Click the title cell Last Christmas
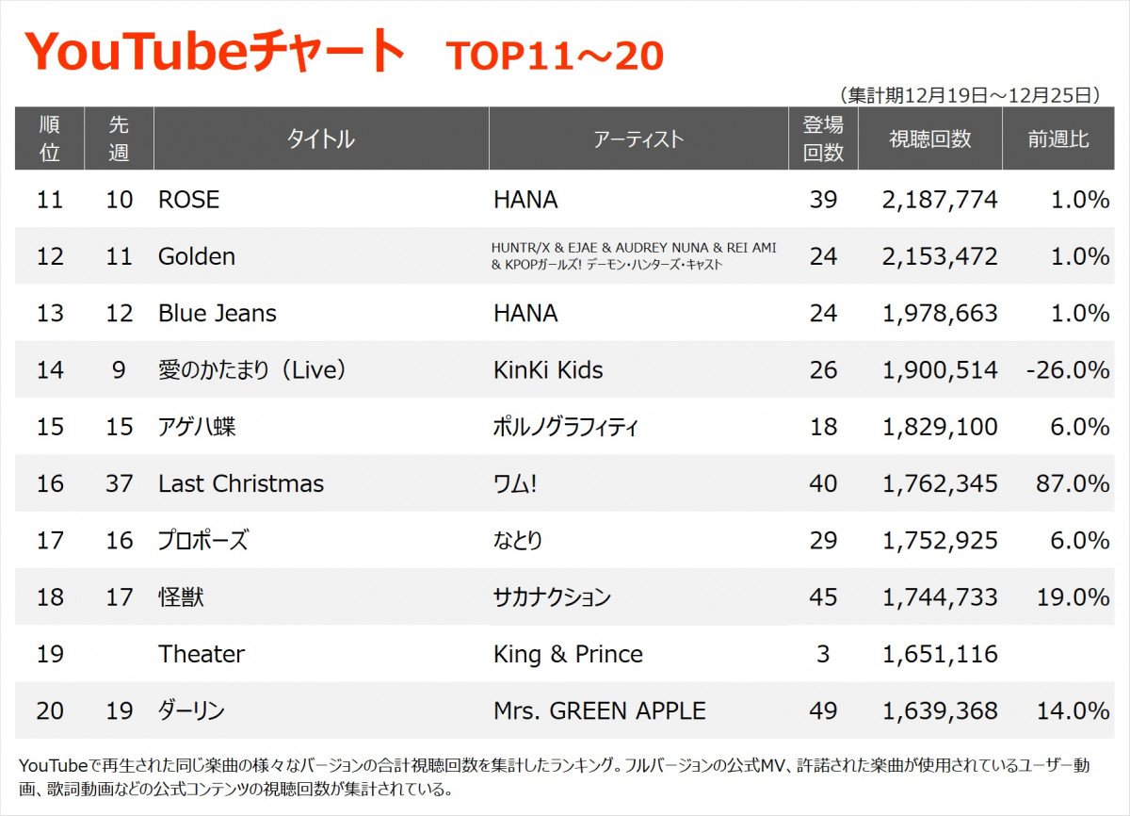(241, 484)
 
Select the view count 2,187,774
(940, 200)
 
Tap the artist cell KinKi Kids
(548, 370)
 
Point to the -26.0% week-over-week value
(1068, 370)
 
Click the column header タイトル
(321, 139)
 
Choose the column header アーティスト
(638, 139)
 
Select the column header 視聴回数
(929, 139)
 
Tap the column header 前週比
(1058, 139)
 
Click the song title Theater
(202, 654)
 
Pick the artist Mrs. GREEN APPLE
(600, 710)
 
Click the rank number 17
(50, 541)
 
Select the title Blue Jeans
(218, 314)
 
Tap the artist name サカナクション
(553, 597)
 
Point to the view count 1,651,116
(940, 654)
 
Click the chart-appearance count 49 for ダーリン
(823, 710)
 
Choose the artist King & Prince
(569, 654)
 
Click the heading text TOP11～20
(555, 57)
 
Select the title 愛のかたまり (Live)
(252, 370)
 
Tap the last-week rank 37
(119, 484)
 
